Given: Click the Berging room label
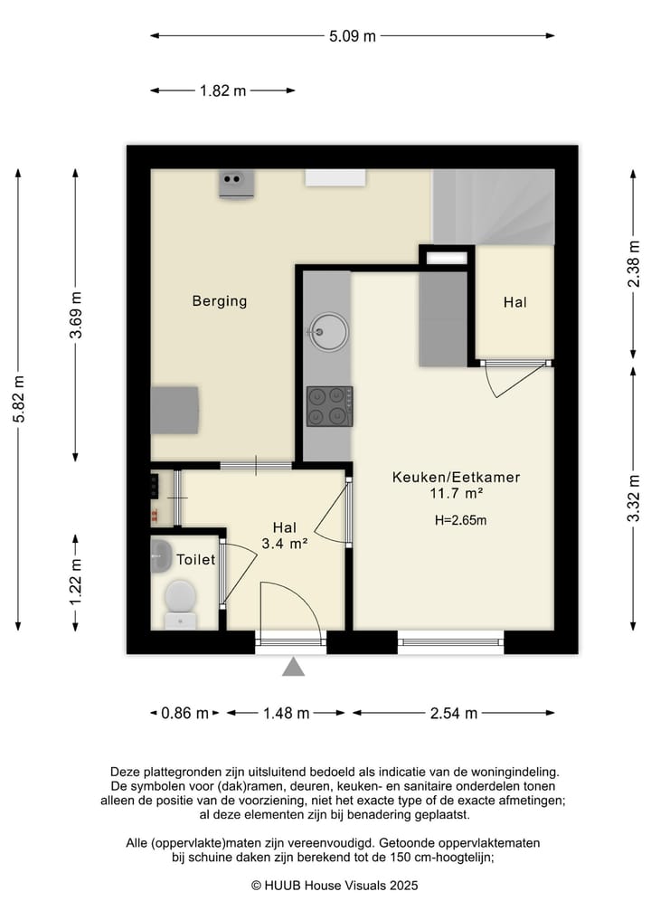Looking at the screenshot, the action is pos(220,301).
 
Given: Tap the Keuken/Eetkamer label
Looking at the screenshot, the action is pos(456,477).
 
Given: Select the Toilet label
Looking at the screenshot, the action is pos(196,560).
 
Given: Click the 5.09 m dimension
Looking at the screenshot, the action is pos(352,36).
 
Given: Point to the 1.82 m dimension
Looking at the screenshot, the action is pos(222,91).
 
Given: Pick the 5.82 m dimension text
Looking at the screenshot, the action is pos(19,399).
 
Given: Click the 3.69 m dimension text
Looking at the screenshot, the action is pos(76,315).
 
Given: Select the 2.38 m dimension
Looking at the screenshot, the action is pos(634,264).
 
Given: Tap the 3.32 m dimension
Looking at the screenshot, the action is pos(634,498).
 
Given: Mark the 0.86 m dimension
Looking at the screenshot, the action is pos(184,714).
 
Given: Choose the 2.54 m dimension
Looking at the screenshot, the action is pos(454,714).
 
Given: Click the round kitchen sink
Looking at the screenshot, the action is pos(328,332).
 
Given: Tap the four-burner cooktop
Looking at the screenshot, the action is pos(330,406).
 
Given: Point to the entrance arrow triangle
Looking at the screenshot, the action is pos(293,667).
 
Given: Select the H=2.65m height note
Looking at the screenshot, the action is pos(460,520).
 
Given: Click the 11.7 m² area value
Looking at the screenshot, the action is pos(457,493).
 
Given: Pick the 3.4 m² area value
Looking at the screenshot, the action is pos(285,544).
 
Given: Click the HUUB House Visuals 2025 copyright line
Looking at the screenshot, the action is pos(335,886).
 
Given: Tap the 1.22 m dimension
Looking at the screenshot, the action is pos(76,583).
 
